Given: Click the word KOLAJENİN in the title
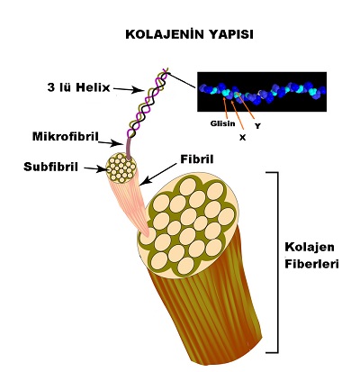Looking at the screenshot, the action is (x=162, y=34).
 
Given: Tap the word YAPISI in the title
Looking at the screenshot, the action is (x=229, y=34).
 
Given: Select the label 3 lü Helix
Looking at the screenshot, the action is (x=78, y=87).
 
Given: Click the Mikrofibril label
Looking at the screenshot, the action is (x=66, y=137).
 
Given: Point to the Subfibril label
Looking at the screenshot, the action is (x=50, y=167).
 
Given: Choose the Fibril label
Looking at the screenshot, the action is (x=197, y=159).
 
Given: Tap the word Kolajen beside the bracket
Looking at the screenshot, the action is (x=310, y=248).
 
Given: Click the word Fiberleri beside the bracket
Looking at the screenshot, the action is (x=311, y=264).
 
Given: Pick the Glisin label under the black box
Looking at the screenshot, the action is (x=222, y=123).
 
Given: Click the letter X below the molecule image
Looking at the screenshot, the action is (x=242, y=138).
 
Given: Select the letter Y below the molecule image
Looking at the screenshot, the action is (x=257, y=126).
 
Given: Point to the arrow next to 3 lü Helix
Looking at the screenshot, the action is (x=128, y=89).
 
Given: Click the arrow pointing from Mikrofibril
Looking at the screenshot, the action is (x=111, y=144).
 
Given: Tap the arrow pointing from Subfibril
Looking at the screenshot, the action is (x=95, y=169).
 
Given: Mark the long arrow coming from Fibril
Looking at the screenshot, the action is (x=158, y=174).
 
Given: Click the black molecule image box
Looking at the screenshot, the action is (x=262, y=92).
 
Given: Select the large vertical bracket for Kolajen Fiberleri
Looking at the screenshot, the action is (x=277, y=262).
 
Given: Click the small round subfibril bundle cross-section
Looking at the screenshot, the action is (x=121, y=168).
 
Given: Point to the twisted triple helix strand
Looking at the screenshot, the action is (x=147, y=102).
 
